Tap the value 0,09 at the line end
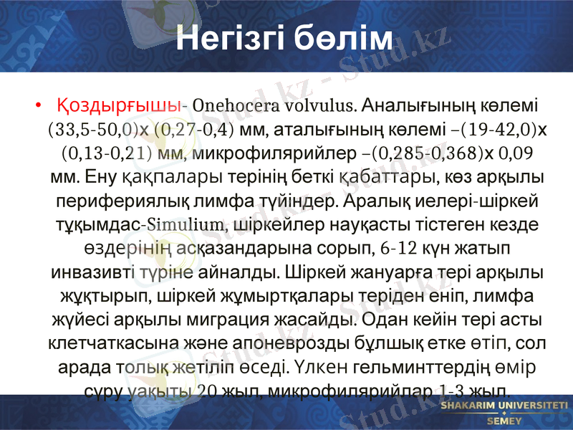click(514, 153)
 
